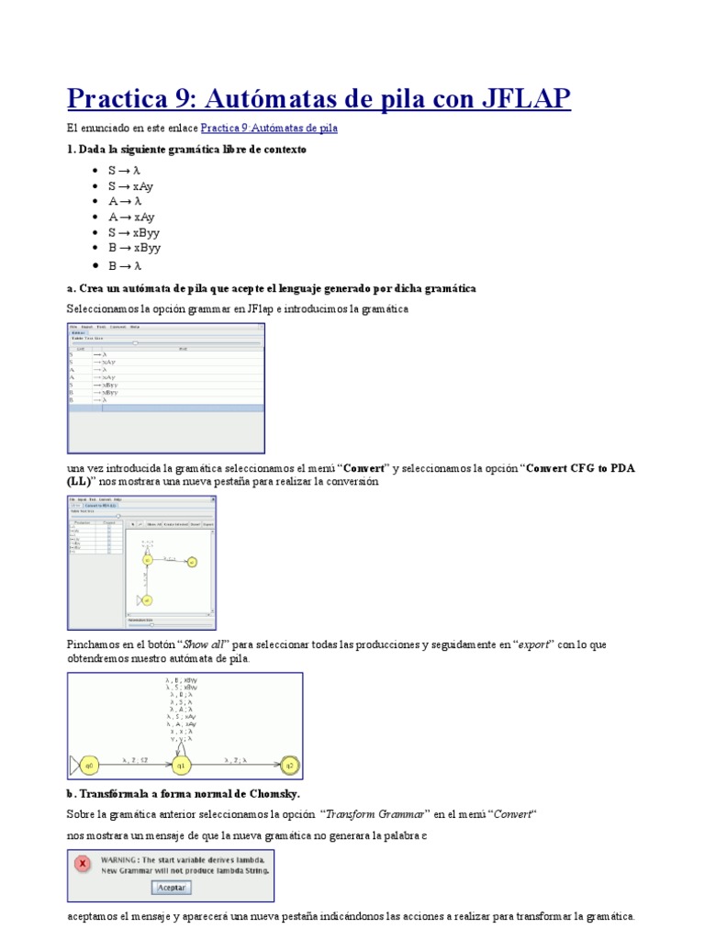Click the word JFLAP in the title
click(524, 97)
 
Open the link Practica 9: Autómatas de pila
click(268, 129)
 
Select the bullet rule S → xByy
click(134, 233)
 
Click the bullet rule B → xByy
click(134, 249)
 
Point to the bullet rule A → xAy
click(131, 218)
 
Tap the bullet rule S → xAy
click(130, 186)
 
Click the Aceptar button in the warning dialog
click(171, 888)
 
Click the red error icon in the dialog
click(82, 864)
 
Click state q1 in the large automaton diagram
click(181, 764)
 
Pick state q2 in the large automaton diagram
click(289, 764)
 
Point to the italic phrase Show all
click(207, 644)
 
